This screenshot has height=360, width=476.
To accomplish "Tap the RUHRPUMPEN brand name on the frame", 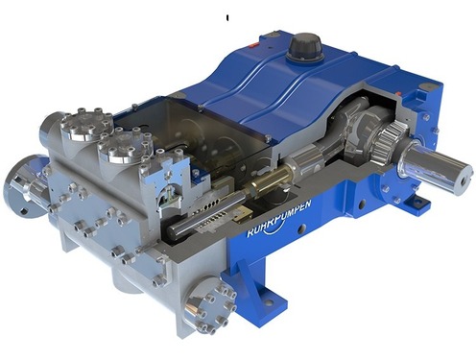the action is pos(279,218).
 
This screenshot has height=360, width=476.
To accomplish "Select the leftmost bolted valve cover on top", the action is pos(85,124).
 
